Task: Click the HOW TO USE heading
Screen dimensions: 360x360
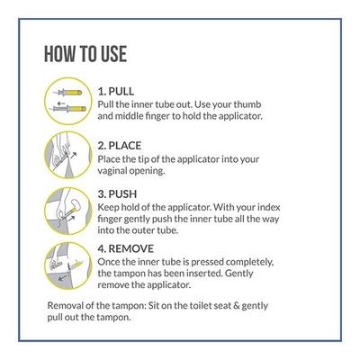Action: click(x=85, y=53)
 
